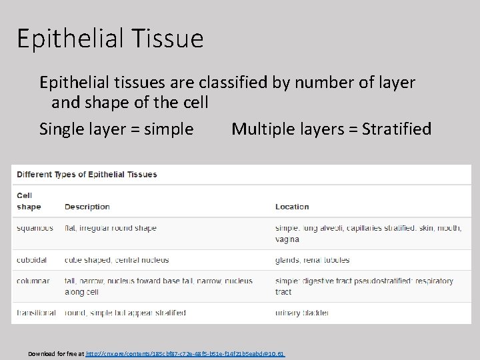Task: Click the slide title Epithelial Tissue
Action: pos(110,39)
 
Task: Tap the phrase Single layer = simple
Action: pos(117,129)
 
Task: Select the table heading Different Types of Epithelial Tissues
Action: pos(87,175)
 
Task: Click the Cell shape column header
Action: pos(25,201)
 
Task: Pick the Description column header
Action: pos(87,207)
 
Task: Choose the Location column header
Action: pos(292,207)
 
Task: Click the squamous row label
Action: pos(35,228)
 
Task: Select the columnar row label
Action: pos(33,281)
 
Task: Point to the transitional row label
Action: pos(37,313)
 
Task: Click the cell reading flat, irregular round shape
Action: pos(110,228)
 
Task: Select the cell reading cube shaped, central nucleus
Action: pos(117,260)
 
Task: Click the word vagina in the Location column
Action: pos(287,239)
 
